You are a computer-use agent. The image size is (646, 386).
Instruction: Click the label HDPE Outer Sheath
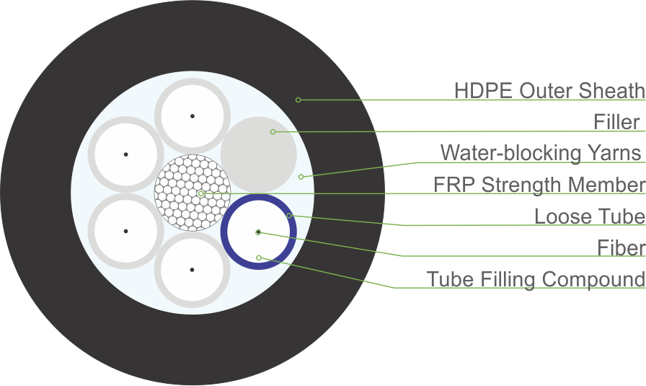coord(549,91)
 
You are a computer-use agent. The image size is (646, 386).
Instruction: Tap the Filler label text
coord(617,122)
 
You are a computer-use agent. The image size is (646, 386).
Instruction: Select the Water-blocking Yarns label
coord(541,153)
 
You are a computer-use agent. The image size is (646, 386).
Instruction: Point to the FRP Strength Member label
coord(539,185)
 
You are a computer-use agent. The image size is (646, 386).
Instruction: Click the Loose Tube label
coord(589,216)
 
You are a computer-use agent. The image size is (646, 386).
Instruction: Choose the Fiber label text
coord(621,248)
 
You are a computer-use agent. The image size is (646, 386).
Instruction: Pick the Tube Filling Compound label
coord(536,279)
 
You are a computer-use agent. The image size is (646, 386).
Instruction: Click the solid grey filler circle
coord(258,153)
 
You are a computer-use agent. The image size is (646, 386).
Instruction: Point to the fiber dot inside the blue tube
coord(258,232)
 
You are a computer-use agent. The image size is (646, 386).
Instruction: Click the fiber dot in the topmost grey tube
coord(193,115)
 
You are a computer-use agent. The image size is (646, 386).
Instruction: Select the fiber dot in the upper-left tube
coord(125,154)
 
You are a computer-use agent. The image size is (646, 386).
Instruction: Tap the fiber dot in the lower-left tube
coord(125,231)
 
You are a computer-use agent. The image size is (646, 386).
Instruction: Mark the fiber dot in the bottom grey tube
coord(192,270)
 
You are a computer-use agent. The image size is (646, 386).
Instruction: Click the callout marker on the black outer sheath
coord(298,99)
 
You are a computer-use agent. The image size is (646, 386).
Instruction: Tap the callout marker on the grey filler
coord(273,131)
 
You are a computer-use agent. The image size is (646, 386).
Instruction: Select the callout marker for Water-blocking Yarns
coord(301,177)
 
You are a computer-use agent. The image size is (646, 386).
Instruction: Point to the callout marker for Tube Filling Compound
coord(258,258)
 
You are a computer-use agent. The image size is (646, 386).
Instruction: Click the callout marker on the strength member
coord(200,193)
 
